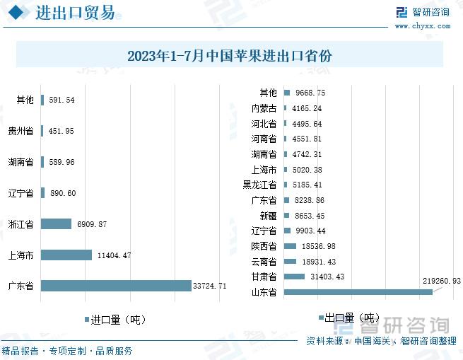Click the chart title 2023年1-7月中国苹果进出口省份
tap(230, 56)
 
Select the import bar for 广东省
tap(116, 286)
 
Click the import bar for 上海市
tap(66, 255)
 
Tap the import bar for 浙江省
tap(57, 224)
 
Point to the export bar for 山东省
tap(358, 292)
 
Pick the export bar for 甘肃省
tap(295, 277)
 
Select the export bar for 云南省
tap(291, 261)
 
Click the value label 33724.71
tap(209, 286)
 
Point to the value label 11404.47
tap(114, 255)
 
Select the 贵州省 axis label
tap(20, 132)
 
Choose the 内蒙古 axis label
tap(264, 108)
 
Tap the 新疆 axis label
tap(267, 215)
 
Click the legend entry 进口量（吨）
tap(117, 320)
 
